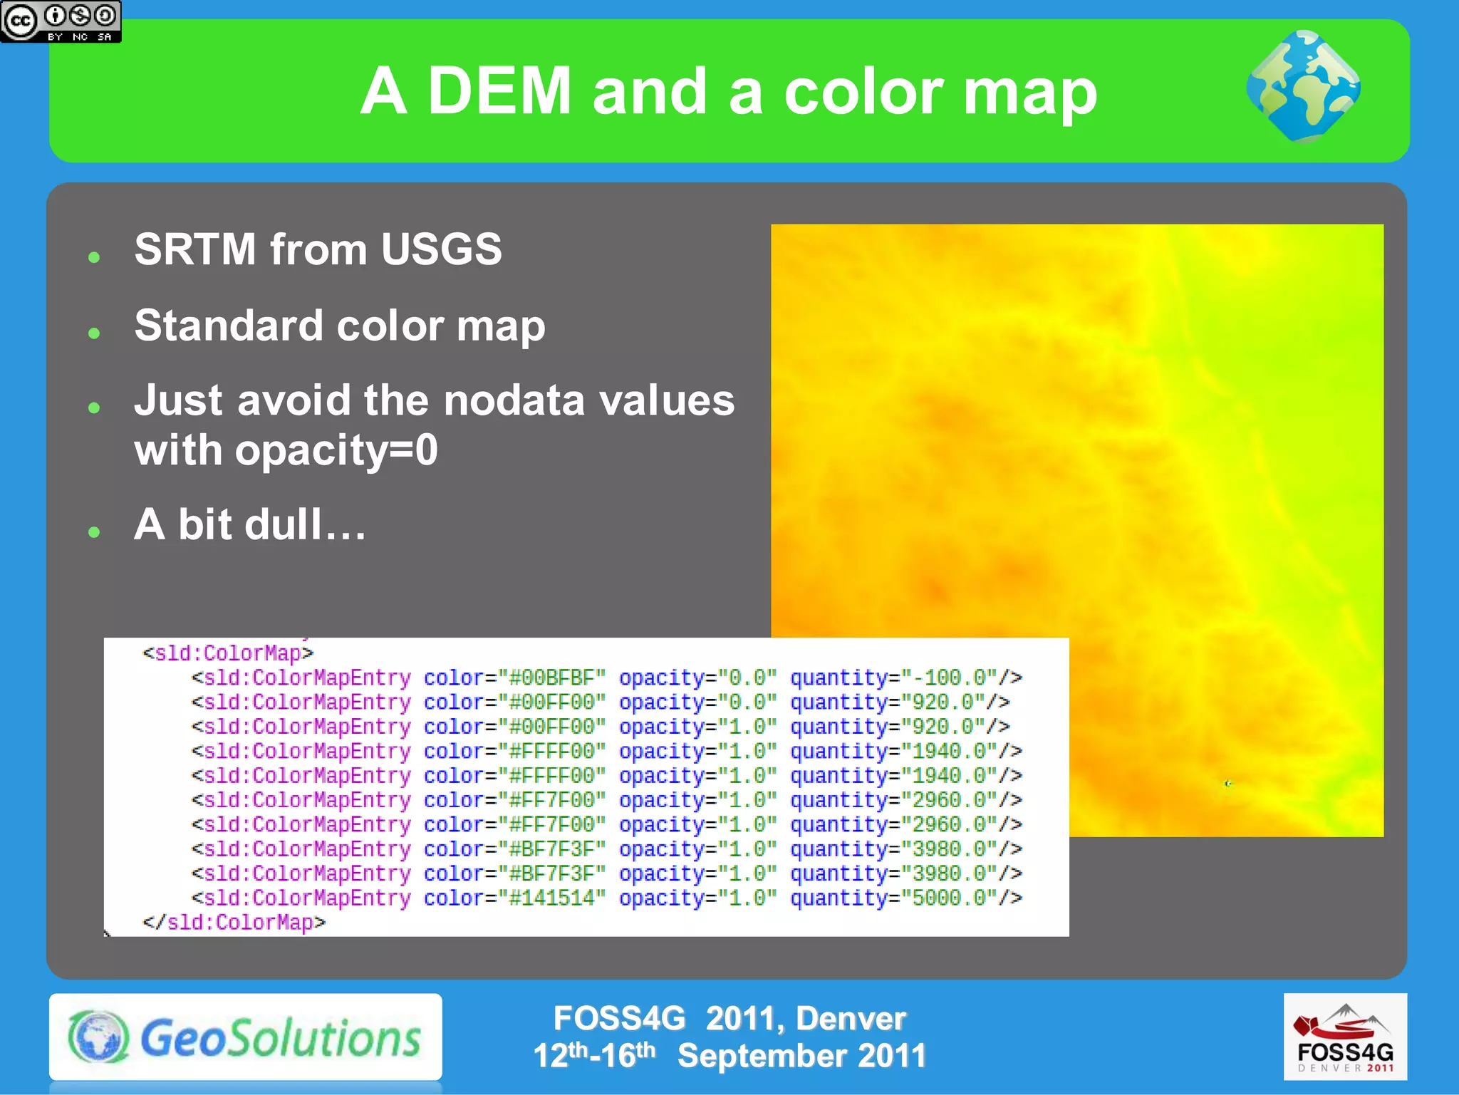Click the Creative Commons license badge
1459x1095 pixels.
(x=61, y=21)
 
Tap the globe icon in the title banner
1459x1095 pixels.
(x=1303, y=87)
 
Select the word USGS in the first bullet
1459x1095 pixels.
(x=441, y=249)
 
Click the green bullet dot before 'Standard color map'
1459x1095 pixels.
(x=94, y=333)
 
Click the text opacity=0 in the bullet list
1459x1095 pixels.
(x=336, y=451)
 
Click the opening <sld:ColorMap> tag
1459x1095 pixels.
(x=227, y=653)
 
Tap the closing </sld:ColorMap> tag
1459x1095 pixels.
(x=234, y=922)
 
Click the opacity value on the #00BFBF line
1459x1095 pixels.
(x=747, y=678)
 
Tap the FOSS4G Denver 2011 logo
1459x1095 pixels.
(x=1345, y=1037)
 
